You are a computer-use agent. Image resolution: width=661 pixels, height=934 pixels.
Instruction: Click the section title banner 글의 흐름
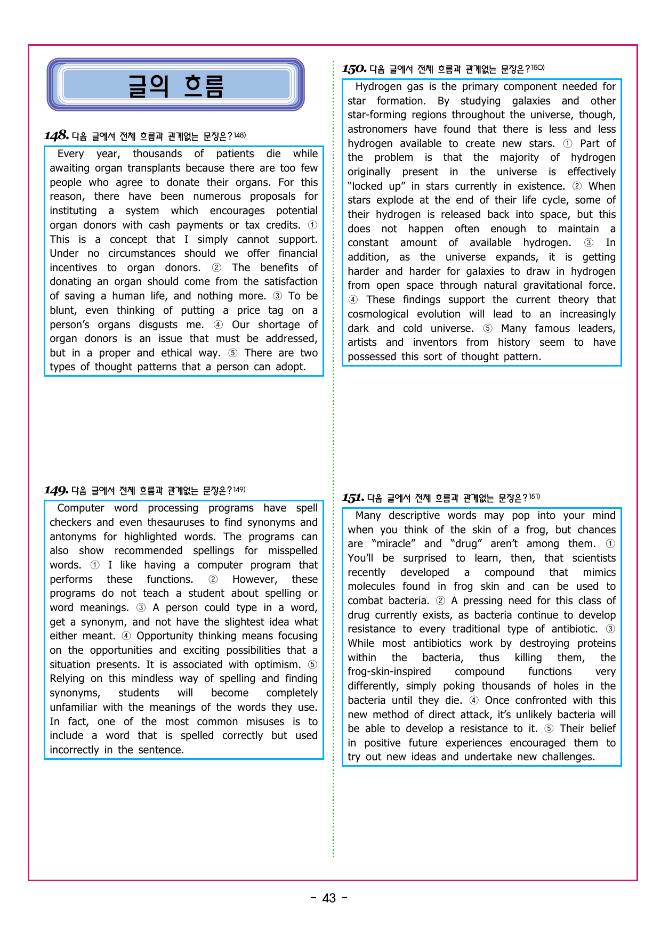[175, 85]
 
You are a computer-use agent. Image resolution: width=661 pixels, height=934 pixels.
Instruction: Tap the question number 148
[57, 135]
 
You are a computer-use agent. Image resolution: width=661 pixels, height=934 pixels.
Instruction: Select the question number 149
[56, 490]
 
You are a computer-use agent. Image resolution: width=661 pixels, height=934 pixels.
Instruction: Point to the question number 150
[354, 69]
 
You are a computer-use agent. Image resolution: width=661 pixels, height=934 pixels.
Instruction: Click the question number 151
[353, 498]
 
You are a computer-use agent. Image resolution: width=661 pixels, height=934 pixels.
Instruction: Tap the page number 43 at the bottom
[329, 898]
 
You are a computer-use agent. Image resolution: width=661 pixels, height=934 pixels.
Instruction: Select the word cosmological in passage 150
[378, 314]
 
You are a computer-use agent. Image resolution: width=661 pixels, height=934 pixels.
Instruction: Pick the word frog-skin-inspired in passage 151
[389, 671]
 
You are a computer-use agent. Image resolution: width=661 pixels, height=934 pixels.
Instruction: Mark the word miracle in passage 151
[396, 543]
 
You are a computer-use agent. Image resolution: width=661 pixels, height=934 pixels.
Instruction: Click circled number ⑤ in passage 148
[233, 353]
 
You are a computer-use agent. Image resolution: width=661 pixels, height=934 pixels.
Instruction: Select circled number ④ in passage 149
[126, 636]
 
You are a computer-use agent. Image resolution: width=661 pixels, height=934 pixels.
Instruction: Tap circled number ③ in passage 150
[589, 242]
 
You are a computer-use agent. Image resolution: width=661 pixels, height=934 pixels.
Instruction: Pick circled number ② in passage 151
[440, 600]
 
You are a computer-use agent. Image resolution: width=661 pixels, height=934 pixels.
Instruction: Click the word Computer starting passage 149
[80, 508]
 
